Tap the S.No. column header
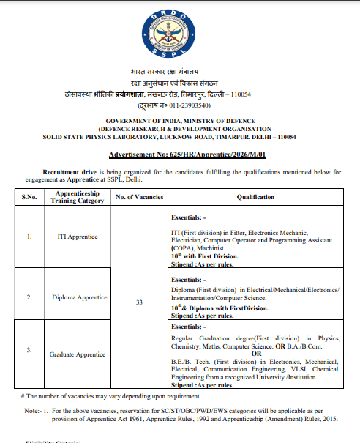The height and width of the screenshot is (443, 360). click(x=29, y=197)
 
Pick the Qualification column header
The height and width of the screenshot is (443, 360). click(x=255, y=197)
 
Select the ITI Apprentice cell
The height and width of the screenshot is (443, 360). click(x=78, y=237)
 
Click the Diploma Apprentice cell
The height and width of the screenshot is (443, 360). click(x=78, y=297)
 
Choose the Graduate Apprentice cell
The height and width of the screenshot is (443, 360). click(x=78, y=354)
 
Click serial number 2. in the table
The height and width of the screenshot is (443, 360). click(x=29, y=297)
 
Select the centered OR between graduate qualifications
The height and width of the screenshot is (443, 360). click(x=255, y=354)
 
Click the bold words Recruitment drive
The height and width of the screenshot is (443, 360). click(x=69, y=171)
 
